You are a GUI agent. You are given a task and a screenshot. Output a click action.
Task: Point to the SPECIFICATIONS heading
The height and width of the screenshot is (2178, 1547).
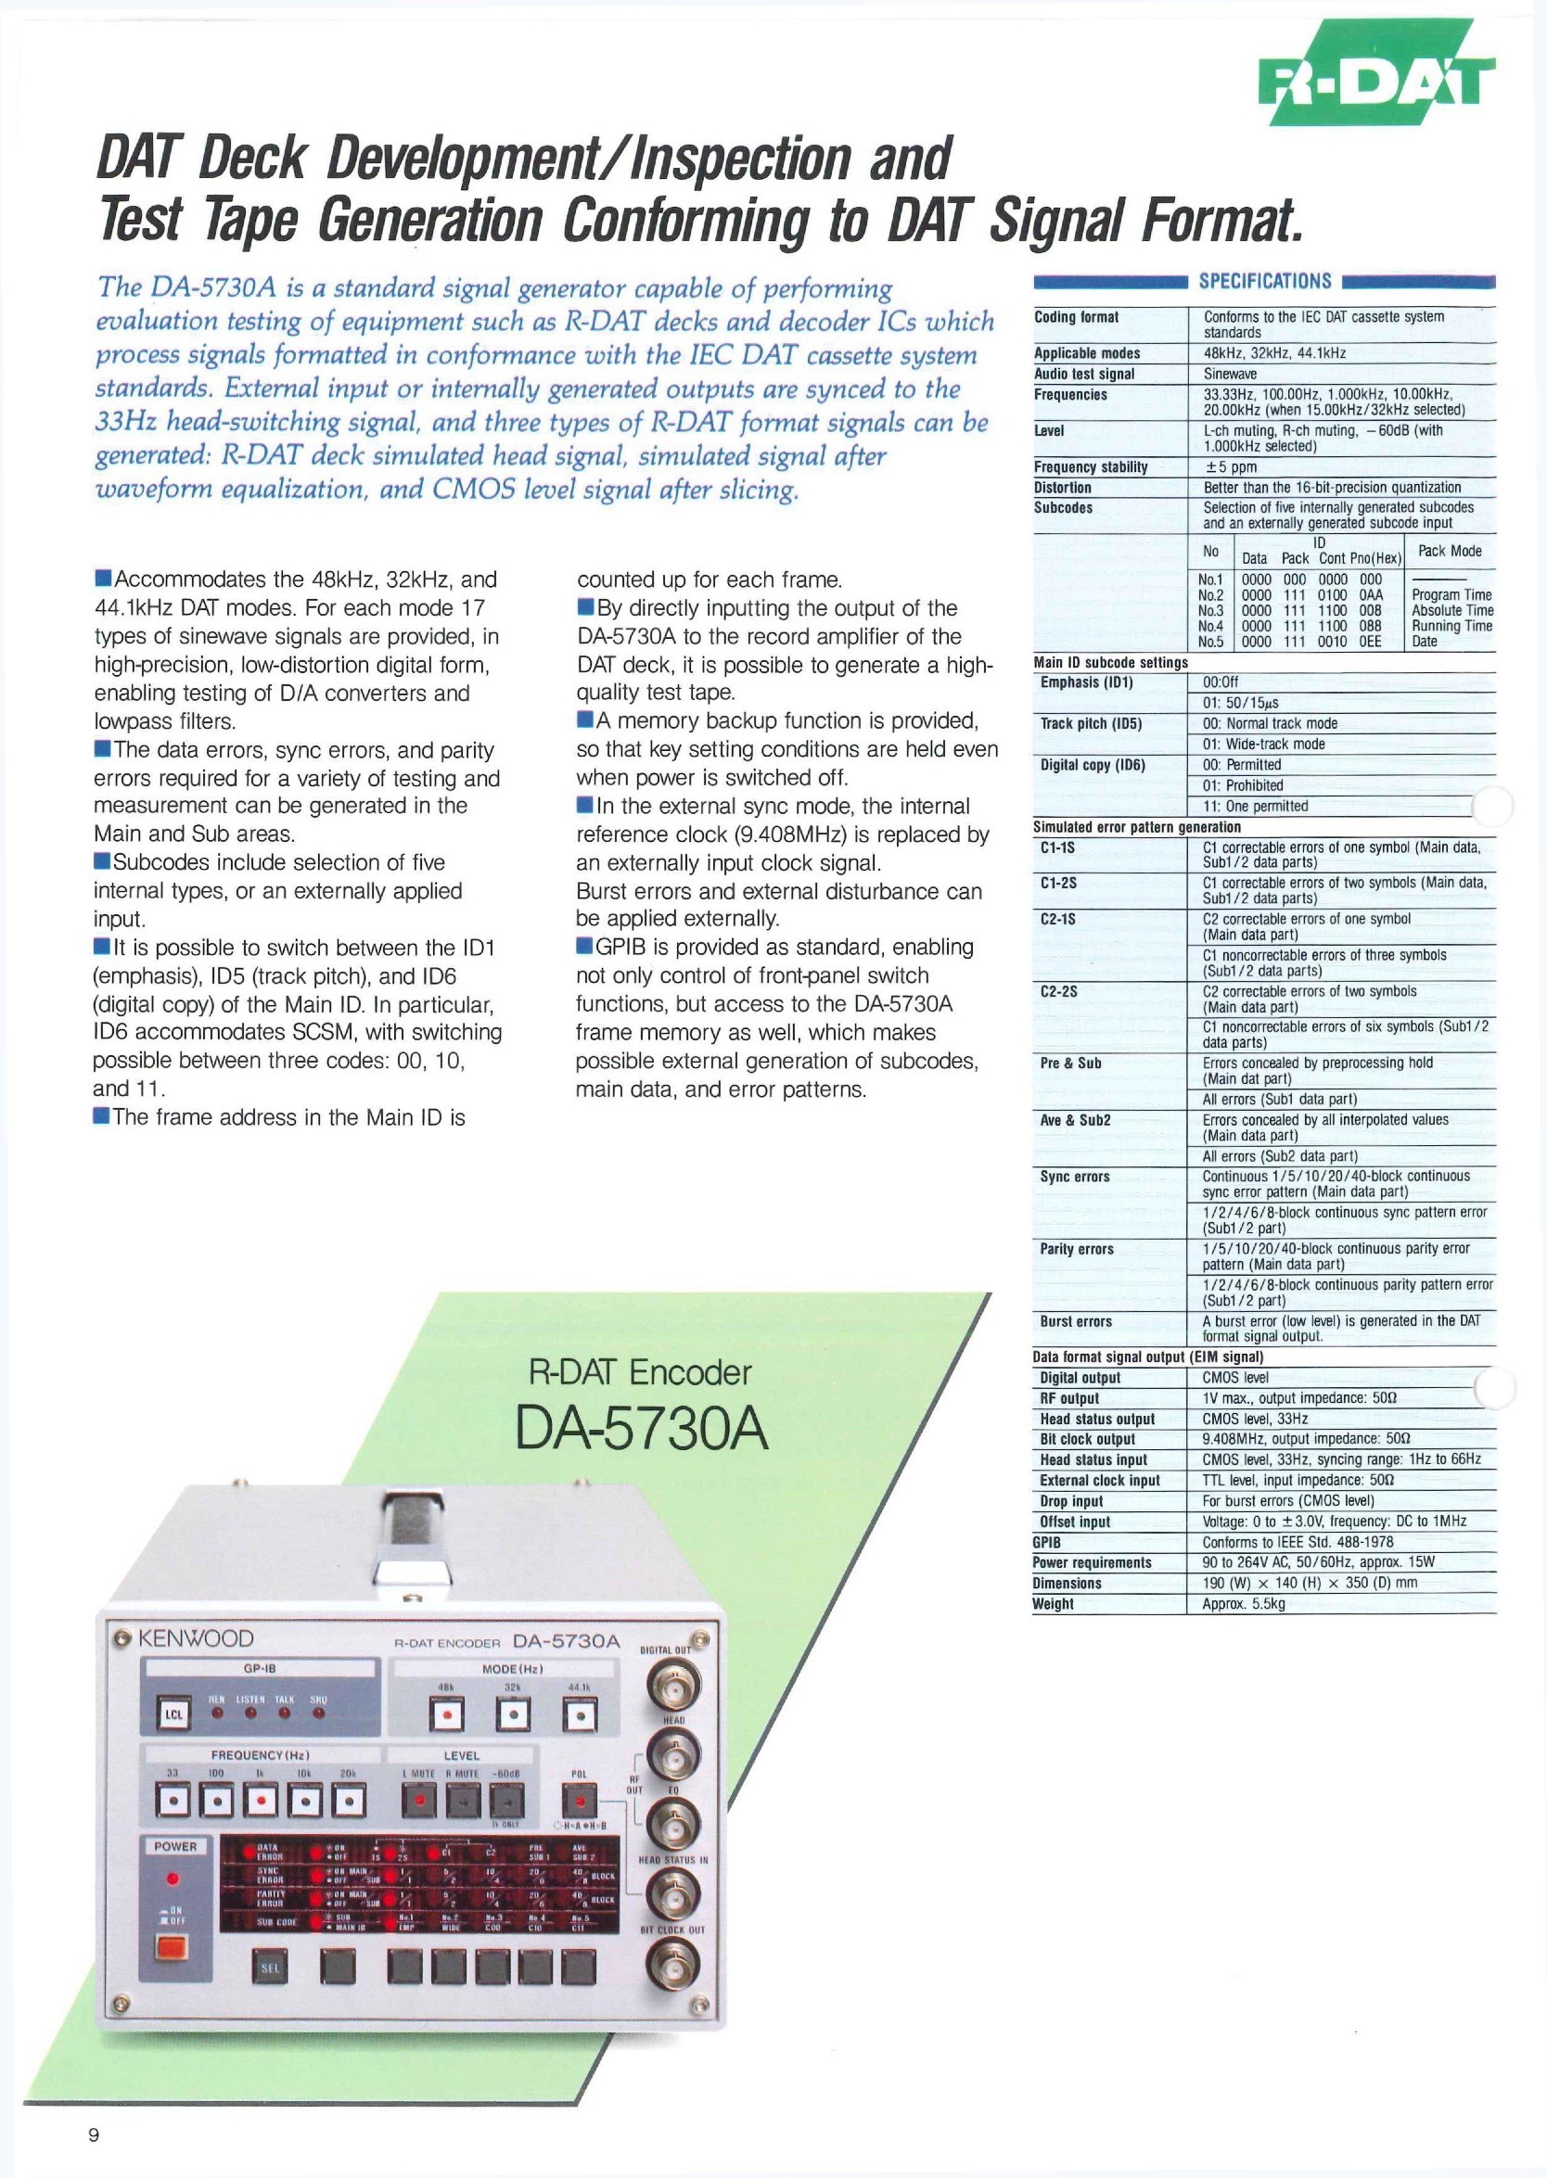tap(1264, 281)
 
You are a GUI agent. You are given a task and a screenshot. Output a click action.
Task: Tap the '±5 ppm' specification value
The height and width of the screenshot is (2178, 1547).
tap(1230, 466)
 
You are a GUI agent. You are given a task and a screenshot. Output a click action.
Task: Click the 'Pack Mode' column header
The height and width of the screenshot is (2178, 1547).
tap(1449, 551)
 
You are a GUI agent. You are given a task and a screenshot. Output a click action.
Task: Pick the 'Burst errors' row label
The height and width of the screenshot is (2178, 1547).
tap(1076, 1321)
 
